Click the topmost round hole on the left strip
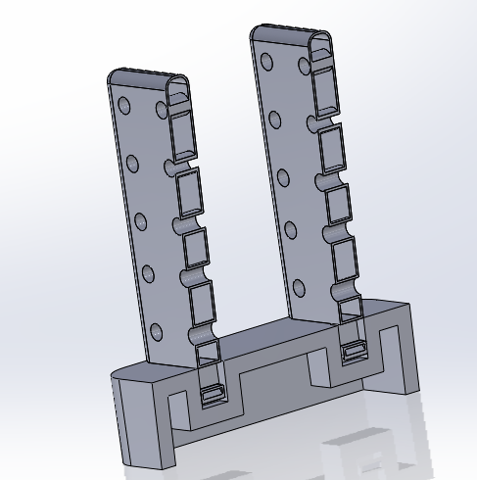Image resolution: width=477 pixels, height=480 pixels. [x=123, y=106]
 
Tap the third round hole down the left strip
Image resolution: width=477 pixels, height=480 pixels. [x=140, y=218]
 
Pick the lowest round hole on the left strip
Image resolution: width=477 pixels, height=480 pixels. [x=148, y=272]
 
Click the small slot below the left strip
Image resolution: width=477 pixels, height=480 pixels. [x=212, y=395]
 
